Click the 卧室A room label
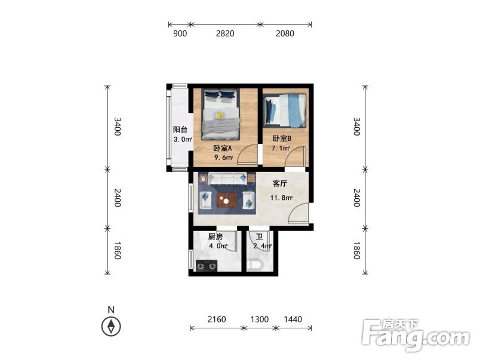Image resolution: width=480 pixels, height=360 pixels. tap(223, 148)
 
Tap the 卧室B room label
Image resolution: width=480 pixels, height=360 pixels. tap(282, 139)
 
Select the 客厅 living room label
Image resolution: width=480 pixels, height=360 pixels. tap(280, 184)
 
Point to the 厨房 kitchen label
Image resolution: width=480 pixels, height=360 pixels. tap(216, 236)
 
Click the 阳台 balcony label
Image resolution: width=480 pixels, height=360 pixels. tap(180, 130)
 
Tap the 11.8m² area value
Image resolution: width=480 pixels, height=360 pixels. tap(281, 198)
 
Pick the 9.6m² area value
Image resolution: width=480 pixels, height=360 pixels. tap(223, 158)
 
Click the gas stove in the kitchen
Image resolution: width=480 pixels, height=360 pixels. tap(207, 266)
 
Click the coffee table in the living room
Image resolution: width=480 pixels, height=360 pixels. tap(227, 200)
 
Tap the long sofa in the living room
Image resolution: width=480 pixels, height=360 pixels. tap(227, 179)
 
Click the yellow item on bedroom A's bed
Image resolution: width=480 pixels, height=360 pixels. tap(219, 115)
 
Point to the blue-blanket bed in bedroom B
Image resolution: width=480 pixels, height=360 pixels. tap(285, 110)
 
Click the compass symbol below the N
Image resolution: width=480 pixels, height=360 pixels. tap(111, 327)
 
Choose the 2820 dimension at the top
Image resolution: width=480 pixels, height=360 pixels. tap(225, 33)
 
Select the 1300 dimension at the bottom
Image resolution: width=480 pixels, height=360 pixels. tap(260, 319)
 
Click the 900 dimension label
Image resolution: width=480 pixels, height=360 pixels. tap(180, 33)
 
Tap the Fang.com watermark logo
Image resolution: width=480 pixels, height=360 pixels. tap(416, 336)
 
